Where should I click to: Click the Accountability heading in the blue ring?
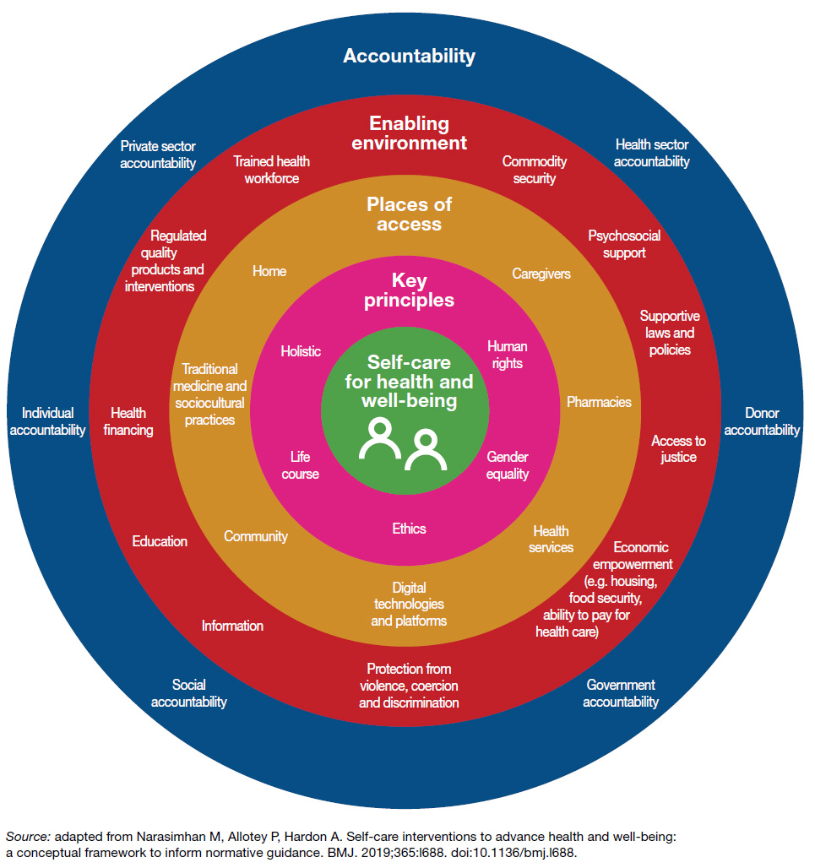pyautogui.click(x=409, y=57)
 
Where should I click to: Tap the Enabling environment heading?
pyautogui.click(x=409, y=133)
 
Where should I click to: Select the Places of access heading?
pyautogui.click(x=409, y=214)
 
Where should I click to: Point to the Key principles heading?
pyautogui.click(x=409, y=290)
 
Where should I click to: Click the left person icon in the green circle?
pyautogui.click(x=379, y=438)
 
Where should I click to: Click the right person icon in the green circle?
pyautogui.click(x=425, y=450)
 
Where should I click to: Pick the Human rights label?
pyautogui.click(x=507, y=355)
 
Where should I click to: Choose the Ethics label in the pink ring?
pyautogui.click(x=409, y=529)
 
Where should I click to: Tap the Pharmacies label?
pyautogui.click(x=599, y=402)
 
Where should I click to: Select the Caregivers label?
pyautogui.click(x=541, y=274)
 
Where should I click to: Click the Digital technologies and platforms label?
pyautogui.click(x=409, y=604)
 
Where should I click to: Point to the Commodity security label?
pyautogui.click(x=535, y=170)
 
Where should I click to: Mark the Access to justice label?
pyautogui.click(x=678, y=449)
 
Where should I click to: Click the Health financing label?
pyautogui.click(x=128, y=421)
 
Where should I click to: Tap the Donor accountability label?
pyautogui.click(x=762, y=421)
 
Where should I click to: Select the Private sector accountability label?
pyautogui.click(x=157, y=155)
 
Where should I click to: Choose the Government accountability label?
pyautogui.click(x=621, y=693)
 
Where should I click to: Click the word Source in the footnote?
pyautogui.click(x=24, y=837)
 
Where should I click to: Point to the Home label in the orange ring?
pyautogui.click(x=269, y=271)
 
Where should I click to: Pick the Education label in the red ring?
pyautogui.click(x=160, y=541)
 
